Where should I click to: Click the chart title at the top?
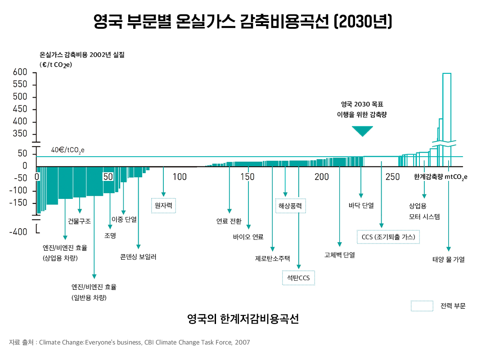click(243, 21)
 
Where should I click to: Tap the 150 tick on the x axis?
click(247, 177)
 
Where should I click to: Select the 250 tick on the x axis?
click(393, 177)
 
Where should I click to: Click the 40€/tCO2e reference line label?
click(67, 150)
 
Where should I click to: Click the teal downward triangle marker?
click(362, 131)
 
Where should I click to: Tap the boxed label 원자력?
click(163, 206)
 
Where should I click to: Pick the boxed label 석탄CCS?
click(298, 278)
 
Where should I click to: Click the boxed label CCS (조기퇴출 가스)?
click(388, 237)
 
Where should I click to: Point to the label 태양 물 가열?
click(448, 259)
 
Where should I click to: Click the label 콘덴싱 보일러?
click(138, 257)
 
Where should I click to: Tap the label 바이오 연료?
click(248, 237)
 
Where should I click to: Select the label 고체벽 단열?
click(339, 255)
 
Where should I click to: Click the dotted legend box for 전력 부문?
click(422, 306)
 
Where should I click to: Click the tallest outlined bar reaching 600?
click(447, 108)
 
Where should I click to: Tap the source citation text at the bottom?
click(130, 342)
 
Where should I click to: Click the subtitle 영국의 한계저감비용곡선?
click(243, 319)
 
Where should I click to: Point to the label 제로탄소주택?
click(272, 258)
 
